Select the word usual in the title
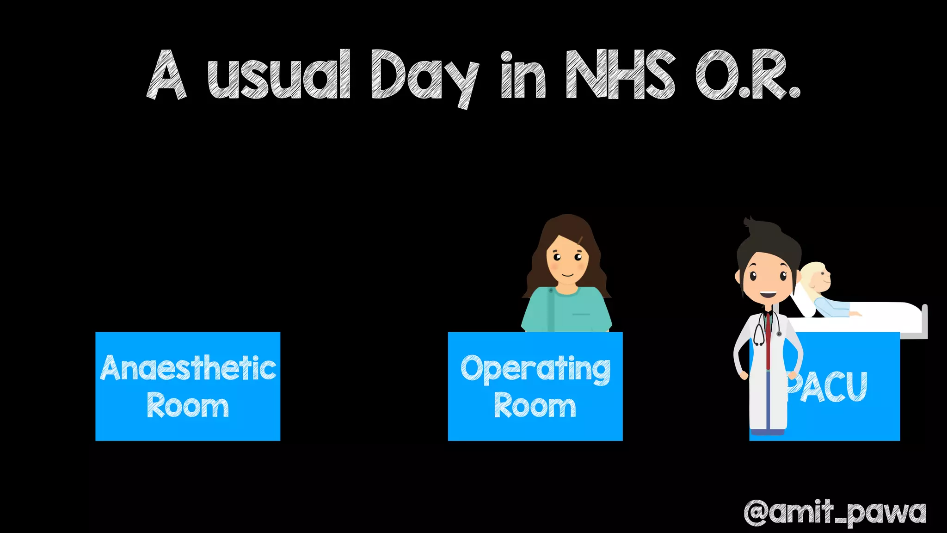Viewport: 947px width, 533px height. tap(278, 75)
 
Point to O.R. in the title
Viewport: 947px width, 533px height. tap(747, 75)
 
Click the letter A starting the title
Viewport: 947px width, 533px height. tap(166, 75)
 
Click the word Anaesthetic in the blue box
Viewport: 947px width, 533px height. tap(188, 368)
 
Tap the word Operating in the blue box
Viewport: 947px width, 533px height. tap(535, 369)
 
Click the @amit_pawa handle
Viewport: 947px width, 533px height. tap(835, 512)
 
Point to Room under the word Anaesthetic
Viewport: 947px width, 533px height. tap(188, 406)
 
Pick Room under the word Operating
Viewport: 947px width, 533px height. tap(535, 406)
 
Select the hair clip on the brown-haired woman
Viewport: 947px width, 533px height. tap(580, 240)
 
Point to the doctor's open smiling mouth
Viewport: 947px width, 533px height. tap(767, 294)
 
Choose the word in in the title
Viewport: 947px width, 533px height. tap(523, 75)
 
